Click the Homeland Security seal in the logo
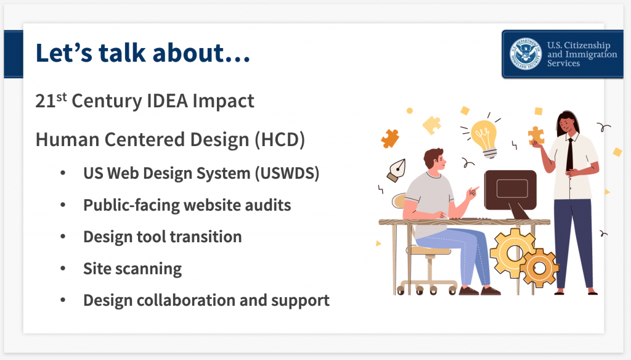click(x=526, y=54)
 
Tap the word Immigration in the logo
click(x=591, y=54)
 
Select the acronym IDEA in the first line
click(x=167, y=100)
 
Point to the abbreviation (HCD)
click(x=280, y=140)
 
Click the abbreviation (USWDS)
click(x=287, y=174)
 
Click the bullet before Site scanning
click(x=63, y=268)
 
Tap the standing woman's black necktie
click(x=569, y=155)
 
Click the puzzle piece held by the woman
click(x=536, y=135)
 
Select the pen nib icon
click(x=396, y=171)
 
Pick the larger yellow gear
click(x=513, y=253)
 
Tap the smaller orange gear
click(x=539, y=268)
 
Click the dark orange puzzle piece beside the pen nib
click(x=390, y=139)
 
